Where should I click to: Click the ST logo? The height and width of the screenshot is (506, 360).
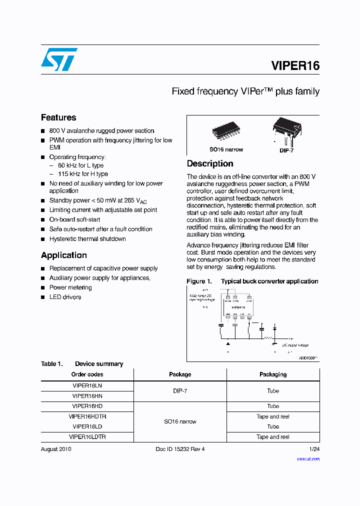click(x=59, y=59)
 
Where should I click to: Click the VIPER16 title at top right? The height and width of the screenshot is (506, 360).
click(x=295, y=65)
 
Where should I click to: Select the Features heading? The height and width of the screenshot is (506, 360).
click(x=58, y=117)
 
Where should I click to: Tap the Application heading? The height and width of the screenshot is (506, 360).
click(x=64, y=255)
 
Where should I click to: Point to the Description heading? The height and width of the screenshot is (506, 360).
click(x=210, y=163)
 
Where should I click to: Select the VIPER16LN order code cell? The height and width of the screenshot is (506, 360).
click(x=87, y=385)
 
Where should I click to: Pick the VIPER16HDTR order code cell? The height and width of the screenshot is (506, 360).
click(x=87, y=416)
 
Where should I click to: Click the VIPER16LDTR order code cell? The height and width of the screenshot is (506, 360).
click(x=87, y=436)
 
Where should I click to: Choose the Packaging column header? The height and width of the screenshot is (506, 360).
click(x=273, y=374)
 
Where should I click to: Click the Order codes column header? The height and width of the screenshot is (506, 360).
click(x=87, y=374)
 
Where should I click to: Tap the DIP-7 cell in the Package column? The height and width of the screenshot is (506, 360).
click(x=180, y=391)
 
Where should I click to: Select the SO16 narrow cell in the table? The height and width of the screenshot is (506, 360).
click(x=180, y=421)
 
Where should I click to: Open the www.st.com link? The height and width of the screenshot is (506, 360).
click(x=308, y=458)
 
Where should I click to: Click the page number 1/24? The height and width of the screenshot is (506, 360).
click(x=314, y=449)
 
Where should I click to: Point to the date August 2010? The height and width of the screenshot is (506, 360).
click(x=56, y=449)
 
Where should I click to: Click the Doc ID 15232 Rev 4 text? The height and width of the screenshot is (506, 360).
click(x=180, y=449)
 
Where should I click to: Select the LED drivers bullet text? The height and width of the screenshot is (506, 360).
click(x=65, y=297)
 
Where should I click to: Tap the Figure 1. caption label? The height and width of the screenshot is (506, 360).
click(x=199, y=281)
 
